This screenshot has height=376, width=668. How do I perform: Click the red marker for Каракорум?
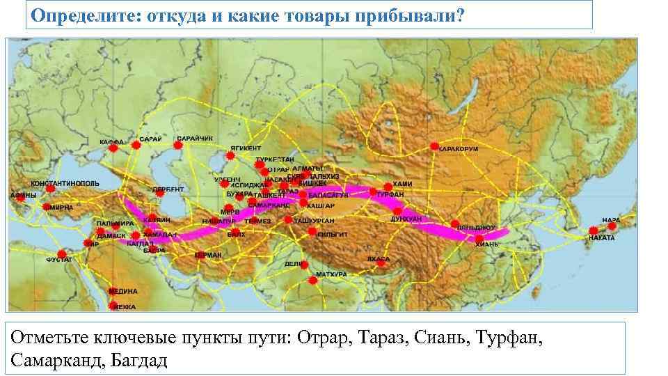(x=434, y=146)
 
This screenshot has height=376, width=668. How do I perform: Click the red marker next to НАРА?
(x=593, y=230)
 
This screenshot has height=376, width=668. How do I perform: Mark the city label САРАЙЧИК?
(x=194, y=139)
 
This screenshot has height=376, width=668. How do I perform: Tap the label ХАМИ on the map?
(x=402, y=183)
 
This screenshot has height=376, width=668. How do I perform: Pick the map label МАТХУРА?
(x=331, y=275)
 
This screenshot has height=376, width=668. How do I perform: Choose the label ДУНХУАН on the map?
(x=406, y=219)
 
